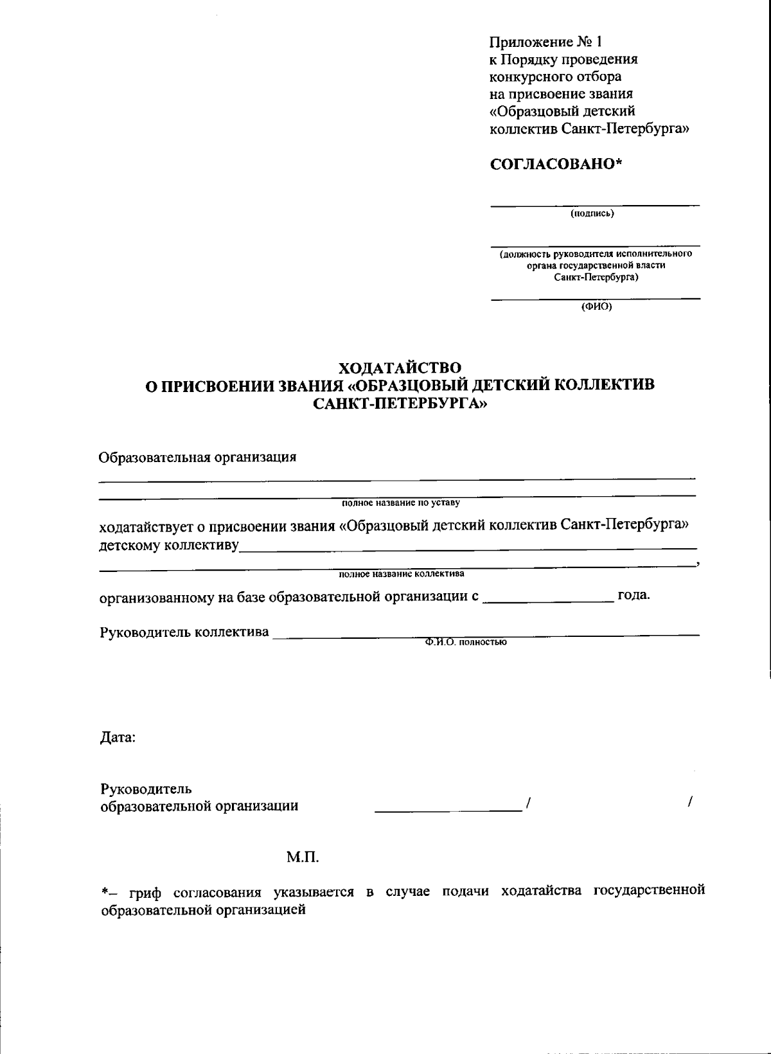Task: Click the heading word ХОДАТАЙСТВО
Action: pyautogui.click(x=400, y=368)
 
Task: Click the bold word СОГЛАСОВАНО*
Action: pyautogui.click(x=556, y=164)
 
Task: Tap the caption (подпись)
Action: pyautogui.click(x=592, y=214)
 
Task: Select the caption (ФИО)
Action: pyautogui.click(x=596, y=307)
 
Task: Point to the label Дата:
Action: pyautogui.click(x=118, y=738)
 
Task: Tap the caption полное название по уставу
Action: pyautogui.click(x=401, y=503)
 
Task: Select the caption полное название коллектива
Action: pyautogui.click(x=402, y=573)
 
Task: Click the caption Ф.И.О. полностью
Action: pyautogui.click(x=466, y=642)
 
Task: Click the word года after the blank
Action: pyautogui.click(x=634, y=594)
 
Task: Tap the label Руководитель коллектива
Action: pyautogui.click(x=184, y=632)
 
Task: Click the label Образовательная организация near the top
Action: pyautogui.click(x=197, y=458)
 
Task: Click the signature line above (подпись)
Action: pyautogui.click(x=595, y=206)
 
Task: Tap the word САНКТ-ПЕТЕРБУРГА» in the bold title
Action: pyautogui.click(x=400, y=404)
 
